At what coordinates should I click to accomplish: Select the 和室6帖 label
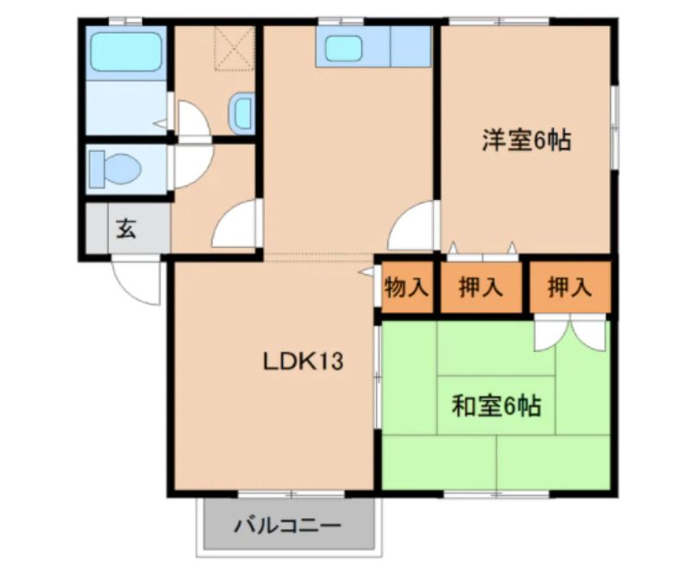[x=497, y=405]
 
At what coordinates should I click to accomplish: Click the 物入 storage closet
[x=406, y=288]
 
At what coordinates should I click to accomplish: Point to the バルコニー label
[x=288, y=525]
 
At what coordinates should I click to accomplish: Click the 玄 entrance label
[x=127, y=229]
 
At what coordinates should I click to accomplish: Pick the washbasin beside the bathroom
[x=242, y=111]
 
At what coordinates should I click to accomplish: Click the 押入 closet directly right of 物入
[x=480, y=288]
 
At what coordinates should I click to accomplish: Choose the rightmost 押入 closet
[x=570, y=288]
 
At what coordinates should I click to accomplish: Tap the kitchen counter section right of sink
[x=410, y=47]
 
